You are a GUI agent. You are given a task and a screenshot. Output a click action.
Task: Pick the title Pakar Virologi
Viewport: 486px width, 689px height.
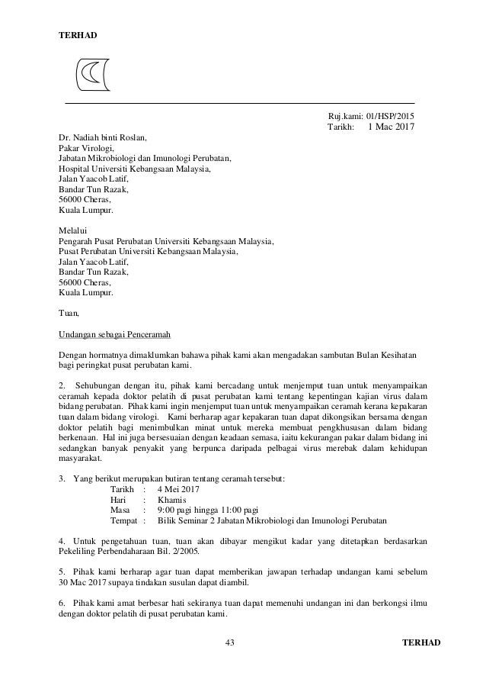[x=86, y=149]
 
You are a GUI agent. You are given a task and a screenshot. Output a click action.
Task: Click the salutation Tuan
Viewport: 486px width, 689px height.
[x=69, y=312]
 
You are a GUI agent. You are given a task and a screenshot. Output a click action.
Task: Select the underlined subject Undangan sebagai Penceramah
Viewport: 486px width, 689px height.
[x=114, y=334]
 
